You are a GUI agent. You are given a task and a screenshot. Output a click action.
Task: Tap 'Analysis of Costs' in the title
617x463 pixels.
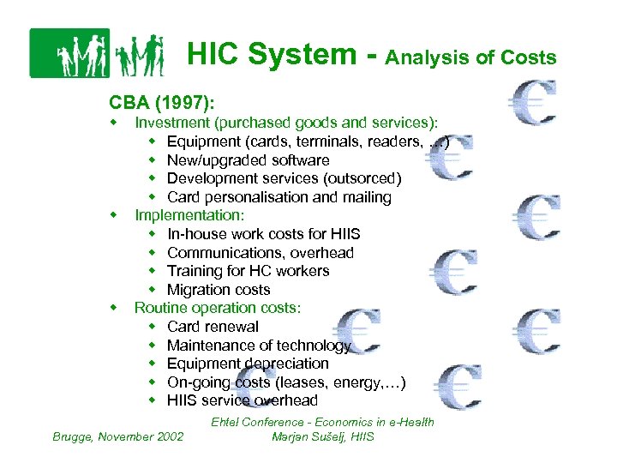(x=470, y=58)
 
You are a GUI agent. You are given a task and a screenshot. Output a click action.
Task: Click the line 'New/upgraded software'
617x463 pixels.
(x=248, y=160)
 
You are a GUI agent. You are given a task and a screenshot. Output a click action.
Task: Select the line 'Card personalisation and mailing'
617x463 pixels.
(x=279, y=197)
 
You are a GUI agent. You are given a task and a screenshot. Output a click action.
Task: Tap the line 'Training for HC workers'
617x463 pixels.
(x=248, y=271)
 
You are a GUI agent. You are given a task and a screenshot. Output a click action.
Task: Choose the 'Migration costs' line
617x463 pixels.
(x=219, y=290)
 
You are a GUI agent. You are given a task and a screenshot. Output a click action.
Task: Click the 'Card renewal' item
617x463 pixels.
(x=213, y=327)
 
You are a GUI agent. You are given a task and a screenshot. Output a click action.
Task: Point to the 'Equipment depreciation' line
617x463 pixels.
(x=248, y=364)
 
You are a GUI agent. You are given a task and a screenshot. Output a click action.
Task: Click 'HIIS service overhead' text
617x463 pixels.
(x=243, y=400)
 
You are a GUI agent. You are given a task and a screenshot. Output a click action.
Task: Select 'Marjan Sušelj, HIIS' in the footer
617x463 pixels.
(x=322, y=436)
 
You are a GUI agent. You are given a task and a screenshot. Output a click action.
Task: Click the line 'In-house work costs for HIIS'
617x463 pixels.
(x=263, y=234)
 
